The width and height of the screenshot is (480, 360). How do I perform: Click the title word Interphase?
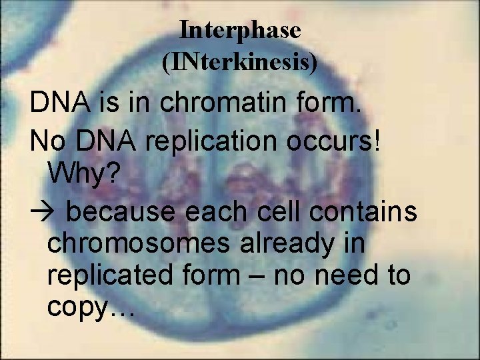click(240, 31)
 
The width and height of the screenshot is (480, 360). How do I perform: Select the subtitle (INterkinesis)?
click(240, 63)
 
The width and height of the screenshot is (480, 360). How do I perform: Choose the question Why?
click(84, 175)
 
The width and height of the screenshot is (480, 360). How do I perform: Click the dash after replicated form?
click(272, 276)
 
